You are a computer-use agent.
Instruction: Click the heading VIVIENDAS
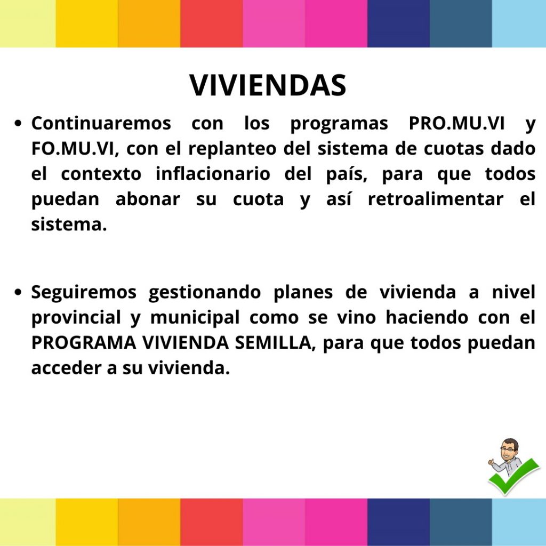click(268, 85)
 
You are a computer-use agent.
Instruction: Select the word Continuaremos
click(101, 123)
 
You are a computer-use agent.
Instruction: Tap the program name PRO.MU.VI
click(456, 123)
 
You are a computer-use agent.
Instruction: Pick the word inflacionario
click(212, 174)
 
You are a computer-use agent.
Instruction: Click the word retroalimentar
click(435, 199)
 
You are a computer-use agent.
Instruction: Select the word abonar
click(148, 199)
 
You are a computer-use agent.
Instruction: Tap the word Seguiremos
click(84, 292)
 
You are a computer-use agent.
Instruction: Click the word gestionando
click(204, 292)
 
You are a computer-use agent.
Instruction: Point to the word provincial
click(76, 318)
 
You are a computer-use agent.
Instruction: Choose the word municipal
click(195, 318)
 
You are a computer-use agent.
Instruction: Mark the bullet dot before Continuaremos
click(18, 124)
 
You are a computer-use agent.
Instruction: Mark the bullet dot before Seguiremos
click(18, 293)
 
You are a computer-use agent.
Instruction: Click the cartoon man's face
click(509, 450)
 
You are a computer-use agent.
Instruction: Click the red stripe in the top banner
click(211, 23)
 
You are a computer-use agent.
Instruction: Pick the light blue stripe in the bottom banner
click(519, 523)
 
